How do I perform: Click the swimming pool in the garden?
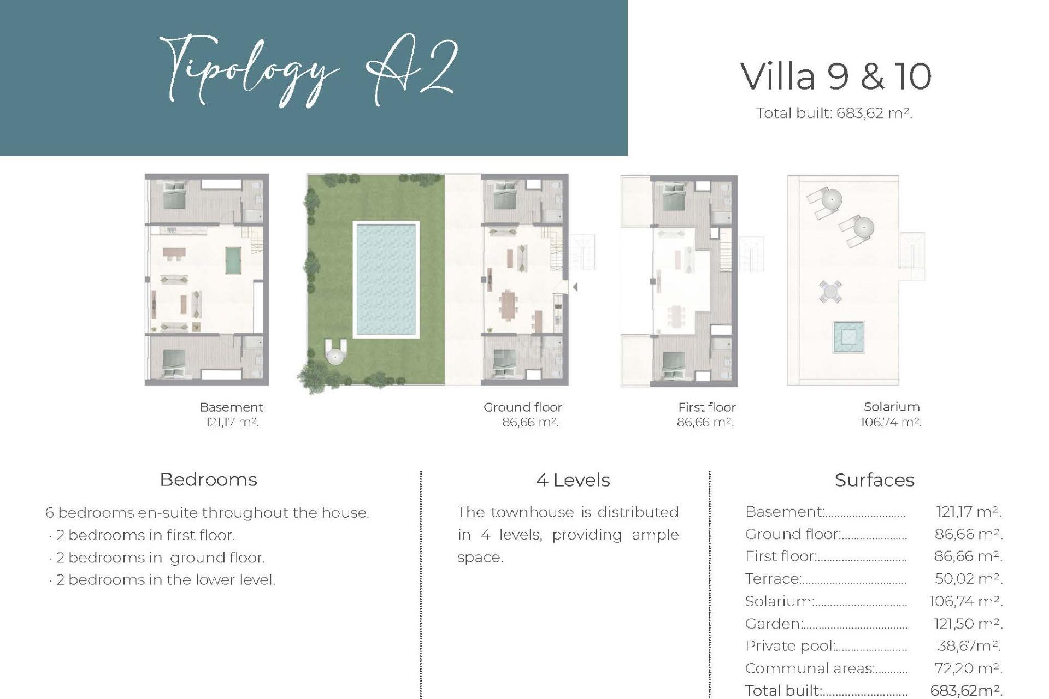coord(386,280)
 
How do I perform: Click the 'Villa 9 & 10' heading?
coord(835,76)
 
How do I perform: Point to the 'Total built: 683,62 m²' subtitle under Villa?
coord(834,113)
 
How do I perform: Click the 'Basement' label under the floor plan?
coord(231,407)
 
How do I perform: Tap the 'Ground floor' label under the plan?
coord(522,407)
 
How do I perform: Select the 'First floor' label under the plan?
coord(706,407)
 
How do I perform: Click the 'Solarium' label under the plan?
coord(891,407)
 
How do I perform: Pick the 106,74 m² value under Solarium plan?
coord(890,422)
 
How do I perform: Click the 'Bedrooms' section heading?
coord(208,479)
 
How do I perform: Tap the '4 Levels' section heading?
coord(573,480)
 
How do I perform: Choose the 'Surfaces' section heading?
coord(874,480)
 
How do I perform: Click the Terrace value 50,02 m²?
coord(968,579)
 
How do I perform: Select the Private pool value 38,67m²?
coord(968,646)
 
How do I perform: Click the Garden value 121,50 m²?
coord(968,624)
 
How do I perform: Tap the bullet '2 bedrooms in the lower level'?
coord(165,579)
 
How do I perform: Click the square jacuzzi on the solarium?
coord(848,337)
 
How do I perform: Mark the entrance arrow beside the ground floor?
coord(575,287)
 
